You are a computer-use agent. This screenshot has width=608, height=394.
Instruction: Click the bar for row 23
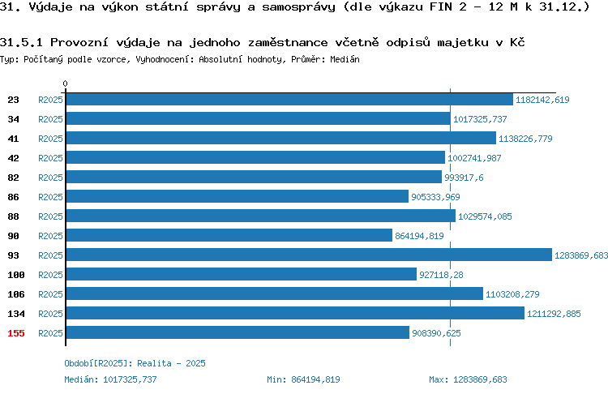[289, 99]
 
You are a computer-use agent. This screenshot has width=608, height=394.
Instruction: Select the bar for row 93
[309, 255]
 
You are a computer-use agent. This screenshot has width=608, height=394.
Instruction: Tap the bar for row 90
[229, 235]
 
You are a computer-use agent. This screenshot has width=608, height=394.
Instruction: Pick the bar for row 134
[295, 313]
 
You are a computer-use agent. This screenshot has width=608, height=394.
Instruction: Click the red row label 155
[16, 333]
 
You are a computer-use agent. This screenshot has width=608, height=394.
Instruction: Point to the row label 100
[16, 275]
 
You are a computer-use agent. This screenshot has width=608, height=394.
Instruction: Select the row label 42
[13, 158]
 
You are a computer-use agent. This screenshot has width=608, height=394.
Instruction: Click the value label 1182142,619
[542, 100]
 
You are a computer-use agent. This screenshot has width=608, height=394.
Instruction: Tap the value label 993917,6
[464, 178]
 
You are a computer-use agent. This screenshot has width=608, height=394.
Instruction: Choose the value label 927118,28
[441, 275]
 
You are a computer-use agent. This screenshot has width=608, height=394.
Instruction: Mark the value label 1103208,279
[512, 294]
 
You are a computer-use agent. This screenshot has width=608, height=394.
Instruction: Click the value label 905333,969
[435, 197]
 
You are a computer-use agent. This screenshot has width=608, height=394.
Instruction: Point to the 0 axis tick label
[65, 84]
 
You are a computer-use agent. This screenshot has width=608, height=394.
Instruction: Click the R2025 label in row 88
[50, 216]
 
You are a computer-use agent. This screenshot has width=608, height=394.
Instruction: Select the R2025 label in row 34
[50, 119]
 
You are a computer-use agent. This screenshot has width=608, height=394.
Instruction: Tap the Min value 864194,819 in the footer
[315, 379]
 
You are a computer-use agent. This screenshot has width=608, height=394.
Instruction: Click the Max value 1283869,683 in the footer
[480, 379]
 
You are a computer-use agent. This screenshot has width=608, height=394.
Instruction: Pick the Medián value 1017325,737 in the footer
[130, 379]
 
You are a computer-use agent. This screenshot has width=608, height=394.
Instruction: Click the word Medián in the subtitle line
[345, 59]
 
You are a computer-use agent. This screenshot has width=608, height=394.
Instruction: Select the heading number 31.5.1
[21, 42]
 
